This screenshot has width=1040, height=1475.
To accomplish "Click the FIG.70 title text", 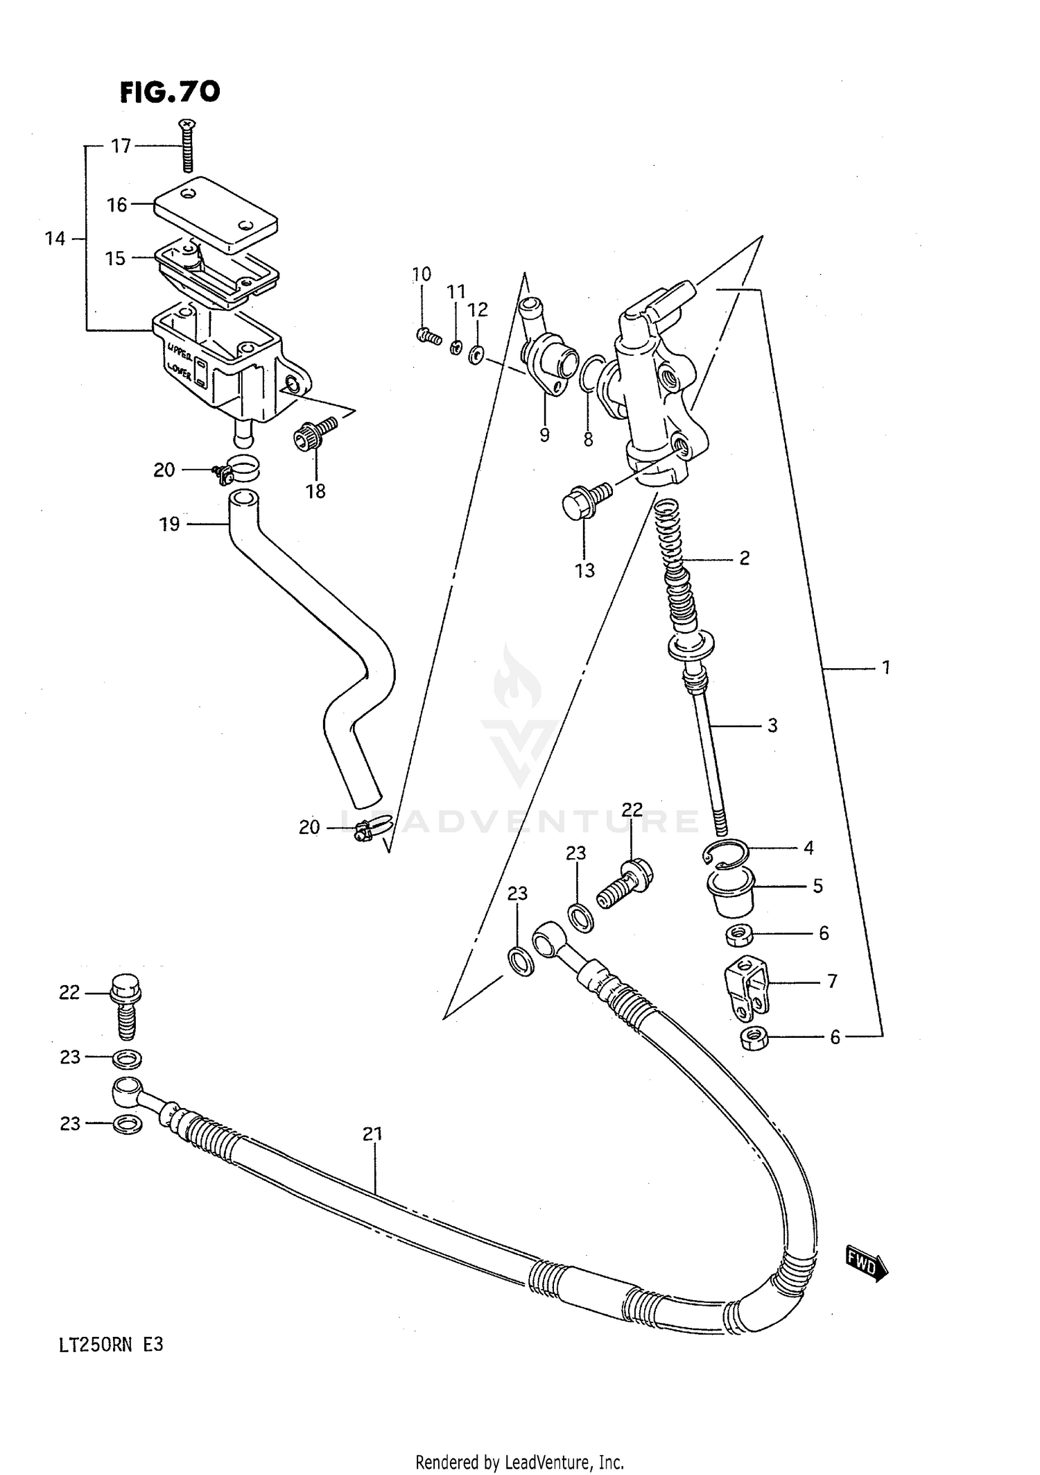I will (x=170, y=92).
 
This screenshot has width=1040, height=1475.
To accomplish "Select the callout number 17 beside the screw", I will (x=121, y=146).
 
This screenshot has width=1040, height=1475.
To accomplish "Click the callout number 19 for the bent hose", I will (x=169, y=524).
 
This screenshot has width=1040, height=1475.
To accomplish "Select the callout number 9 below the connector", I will (x=544, y=435).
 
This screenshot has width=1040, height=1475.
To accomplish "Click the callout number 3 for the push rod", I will (x=772, y=726).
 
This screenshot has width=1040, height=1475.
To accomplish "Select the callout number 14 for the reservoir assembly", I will (x=55, y=239).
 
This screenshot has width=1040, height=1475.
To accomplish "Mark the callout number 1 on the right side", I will (x=885, y=668).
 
